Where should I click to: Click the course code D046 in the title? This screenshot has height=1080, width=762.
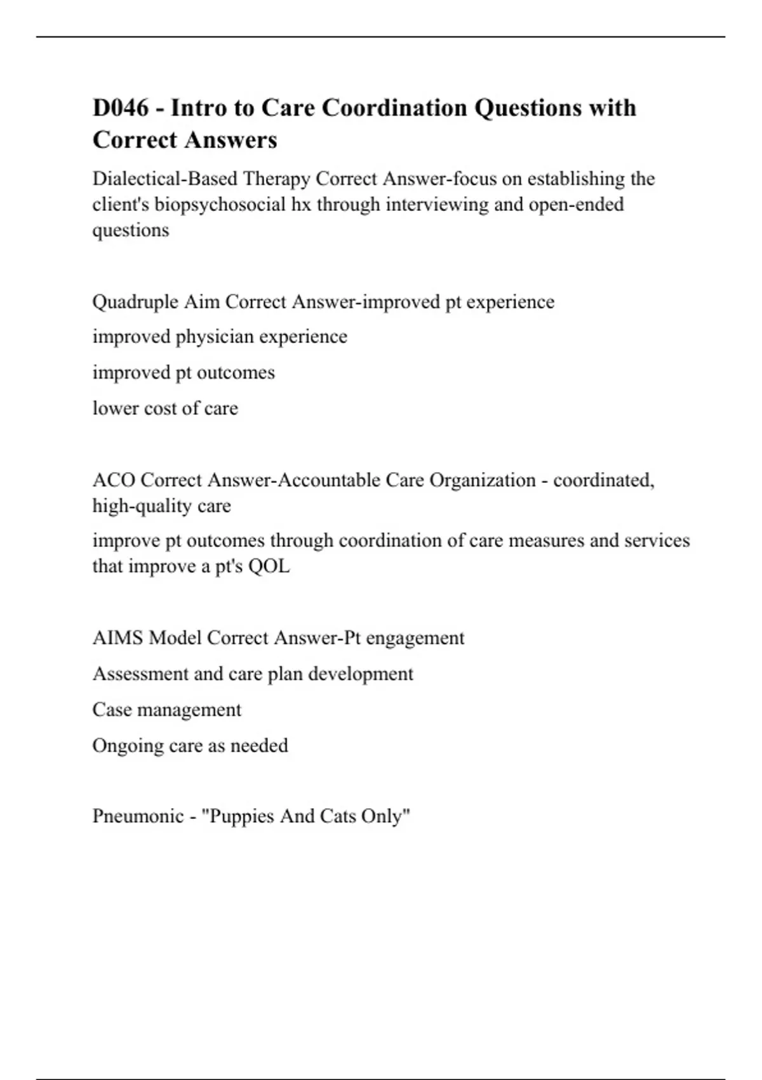[121, 108]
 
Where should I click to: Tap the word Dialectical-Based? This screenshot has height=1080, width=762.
[164, 179]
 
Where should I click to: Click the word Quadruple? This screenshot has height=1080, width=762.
[135, 302]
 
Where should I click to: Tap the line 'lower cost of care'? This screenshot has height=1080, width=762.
[165, 408]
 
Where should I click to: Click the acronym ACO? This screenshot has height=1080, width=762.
[114, 480]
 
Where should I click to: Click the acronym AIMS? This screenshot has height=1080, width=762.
[117, 638]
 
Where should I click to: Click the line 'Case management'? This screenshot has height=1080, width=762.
[166, 710]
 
